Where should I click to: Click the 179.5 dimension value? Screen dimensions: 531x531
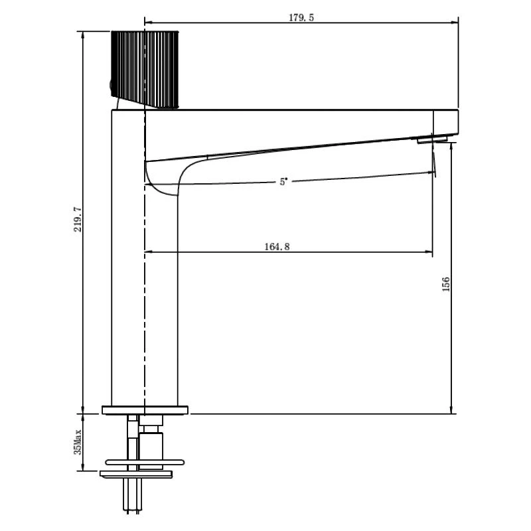301,18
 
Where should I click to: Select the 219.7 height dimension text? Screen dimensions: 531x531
78,220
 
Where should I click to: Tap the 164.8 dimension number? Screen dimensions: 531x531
277,246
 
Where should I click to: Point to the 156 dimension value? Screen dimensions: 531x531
446,284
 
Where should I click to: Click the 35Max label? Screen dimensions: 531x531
78,442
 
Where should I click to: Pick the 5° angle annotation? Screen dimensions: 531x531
283,182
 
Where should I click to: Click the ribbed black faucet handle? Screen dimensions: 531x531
145,70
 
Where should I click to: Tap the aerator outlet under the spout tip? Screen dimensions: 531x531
432,139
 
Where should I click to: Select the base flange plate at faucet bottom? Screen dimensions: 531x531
145,410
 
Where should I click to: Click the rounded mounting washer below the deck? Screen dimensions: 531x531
145,462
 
